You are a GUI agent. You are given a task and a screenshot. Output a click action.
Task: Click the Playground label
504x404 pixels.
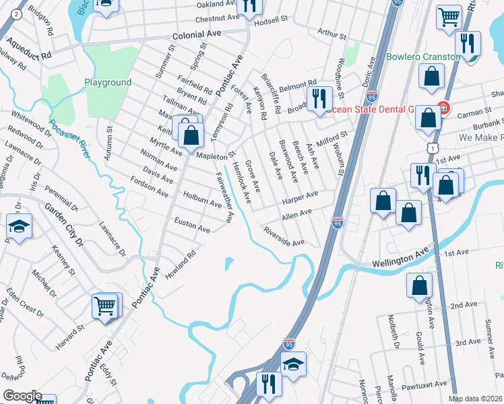(108, 82)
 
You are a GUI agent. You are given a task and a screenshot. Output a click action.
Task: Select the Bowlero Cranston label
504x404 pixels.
(423, 57)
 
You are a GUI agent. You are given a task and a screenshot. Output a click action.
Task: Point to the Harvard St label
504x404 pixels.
(70, 337)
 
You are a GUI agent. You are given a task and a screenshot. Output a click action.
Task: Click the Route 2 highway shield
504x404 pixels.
(15, 13)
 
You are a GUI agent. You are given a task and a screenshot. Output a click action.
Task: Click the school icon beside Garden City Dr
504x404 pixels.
(20, 228)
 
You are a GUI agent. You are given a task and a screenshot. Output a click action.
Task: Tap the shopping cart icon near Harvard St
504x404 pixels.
(105, 306)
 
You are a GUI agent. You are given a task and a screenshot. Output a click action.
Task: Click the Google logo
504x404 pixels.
(22, 395)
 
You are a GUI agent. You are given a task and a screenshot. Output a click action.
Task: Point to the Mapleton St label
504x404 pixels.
(214, 156)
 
